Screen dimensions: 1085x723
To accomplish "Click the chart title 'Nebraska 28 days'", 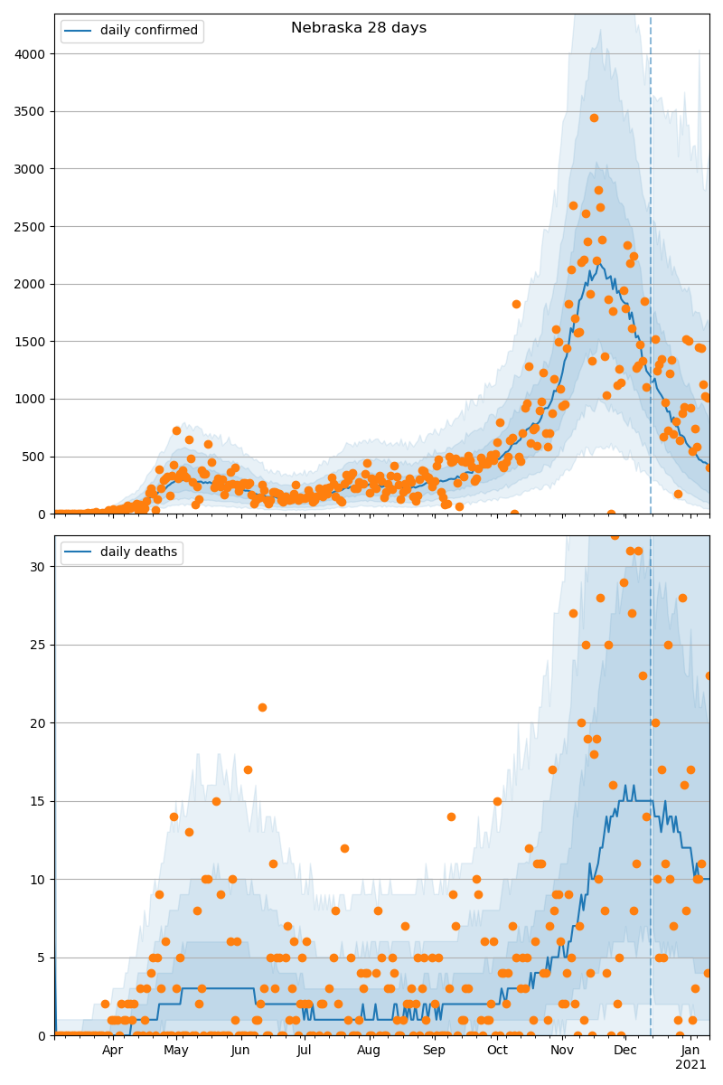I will pyautogui.click(x=359, y=28).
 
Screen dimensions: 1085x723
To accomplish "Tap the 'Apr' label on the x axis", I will pyautogui.click(x=112, y=1051).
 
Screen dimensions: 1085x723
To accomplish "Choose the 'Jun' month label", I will pyautogui.click(x=240, y=1051).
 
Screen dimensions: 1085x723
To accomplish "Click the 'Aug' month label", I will pyautogui.click(x=369, y=1051).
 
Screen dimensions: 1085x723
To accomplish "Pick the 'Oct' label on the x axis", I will pyautogui.click(x=497, y=1051).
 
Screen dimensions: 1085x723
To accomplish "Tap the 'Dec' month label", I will pyautogui.click(x=625, y=1051).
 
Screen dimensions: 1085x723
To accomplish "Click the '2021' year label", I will pyautogui.click(x=691, y=1065).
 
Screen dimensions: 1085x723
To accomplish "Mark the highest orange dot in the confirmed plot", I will pyautogui.click(x=594, y=118).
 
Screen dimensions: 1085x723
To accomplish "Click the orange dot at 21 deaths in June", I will pyautogui.click(x=262, y=707).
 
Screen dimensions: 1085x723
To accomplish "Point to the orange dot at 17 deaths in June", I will pyautogui.click(x=248, y=769).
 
